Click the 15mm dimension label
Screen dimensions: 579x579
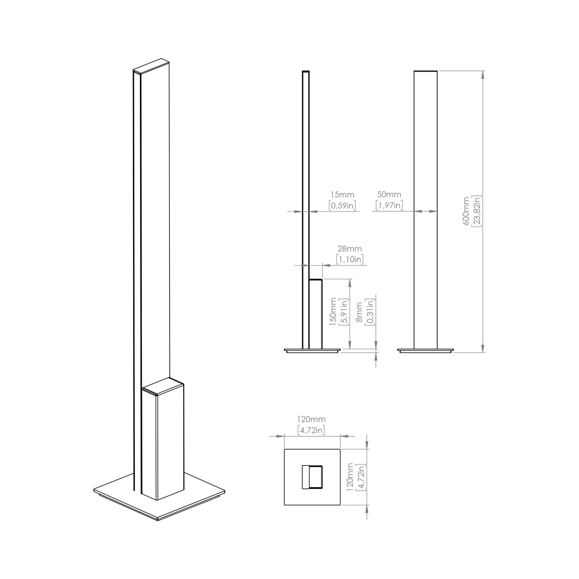click(342, 195)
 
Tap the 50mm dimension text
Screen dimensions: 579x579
click(389, 194)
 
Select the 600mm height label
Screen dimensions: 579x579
click(466, 211)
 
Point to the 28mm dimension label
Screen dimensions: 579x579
click(350, 249)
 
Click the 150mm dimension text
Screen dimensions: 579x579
click(333, 312)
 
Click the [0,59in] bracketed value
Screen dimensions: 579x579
click(342, 206)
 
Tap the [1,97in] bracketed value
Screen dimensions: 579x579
click(389, 206)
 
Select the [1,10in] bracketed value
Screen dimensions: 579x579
click(350, 259)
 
